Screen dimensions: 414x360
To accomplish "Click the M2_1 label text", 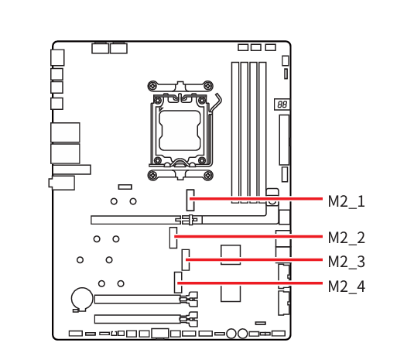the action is [346, 201].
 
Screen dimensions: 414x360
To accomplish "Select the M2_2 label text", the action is [346, 238].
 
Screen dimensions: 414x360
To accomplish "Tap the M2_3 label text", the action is [346, 262].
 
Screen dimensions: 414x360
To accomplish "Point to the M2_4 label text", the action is [346, 286].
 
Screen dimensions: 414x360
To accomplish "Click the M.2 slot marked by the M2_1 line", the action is [190, 200].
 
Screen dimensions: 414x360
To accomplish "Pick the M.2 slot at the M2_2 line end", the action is [173, 238].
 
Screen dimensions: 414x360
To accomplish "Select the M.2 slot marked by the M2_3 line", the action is [186, 260].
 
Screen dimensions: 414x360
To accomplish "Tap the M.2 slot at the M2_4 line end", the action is [178, 283].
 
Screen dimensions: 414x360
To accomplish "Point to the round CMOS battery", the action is [82, 299].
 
